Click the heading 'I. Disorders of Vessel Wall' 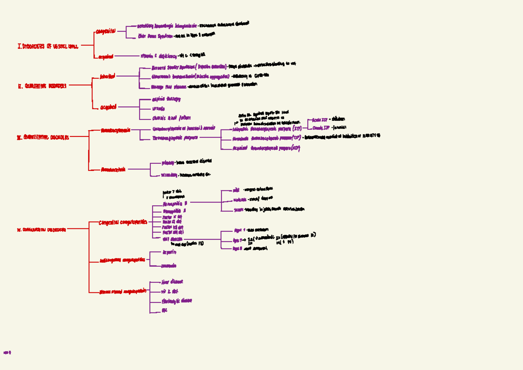[48, 46]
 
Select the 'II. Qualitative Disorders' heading [42, 86]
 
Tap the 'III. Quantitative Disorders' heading [43, 138]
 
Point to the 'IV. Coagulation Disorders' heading [41, 229]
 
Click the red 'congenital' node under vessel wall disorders [105, 31]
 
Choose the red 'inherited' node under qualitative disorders [107, 76]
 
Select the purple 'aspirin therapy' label [166, 99]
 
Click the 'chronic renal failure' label [171, 118]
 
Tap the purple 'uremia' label [158, 109]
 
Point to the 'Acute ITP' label [320, 119]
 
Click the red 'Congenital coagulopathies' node [122, 222]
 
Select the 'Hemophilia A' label [174, 204]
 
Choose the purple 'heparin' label [169, 252]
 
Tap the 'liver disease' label [172, 282]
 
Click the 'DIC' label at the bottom [164, 311]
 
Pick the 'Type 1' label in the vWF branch [239, 230]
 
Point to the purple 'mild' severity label [236, 190]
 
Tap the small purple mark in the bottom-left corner [7, 353]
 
